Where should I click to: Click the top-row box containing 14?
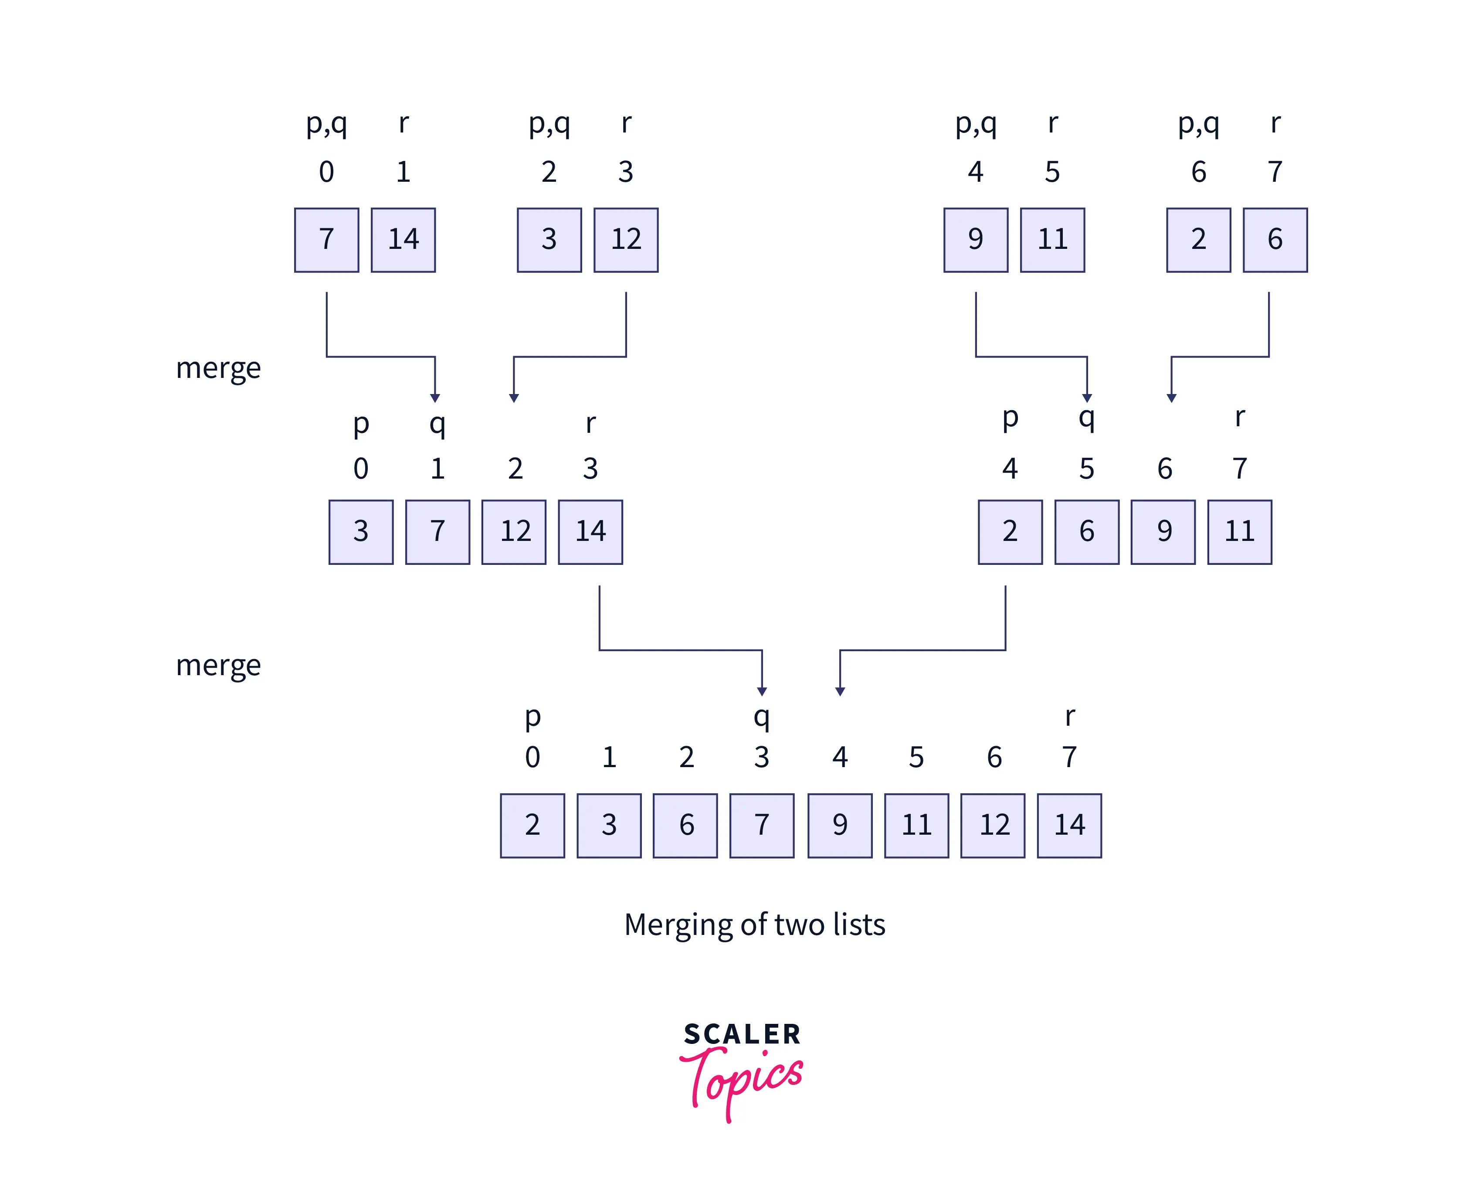point(403,240)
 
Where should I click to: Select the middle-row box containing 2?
point(1010,531)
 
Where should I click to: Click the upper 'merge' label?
point(218,368)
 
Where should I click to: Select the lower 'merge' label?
point(218,665)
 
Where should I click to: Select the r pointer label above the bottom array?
point(1069,717)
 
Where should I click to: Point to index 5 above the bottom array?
point(916,757)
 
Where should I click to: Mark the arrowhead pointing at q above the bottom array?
point(761,691)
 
